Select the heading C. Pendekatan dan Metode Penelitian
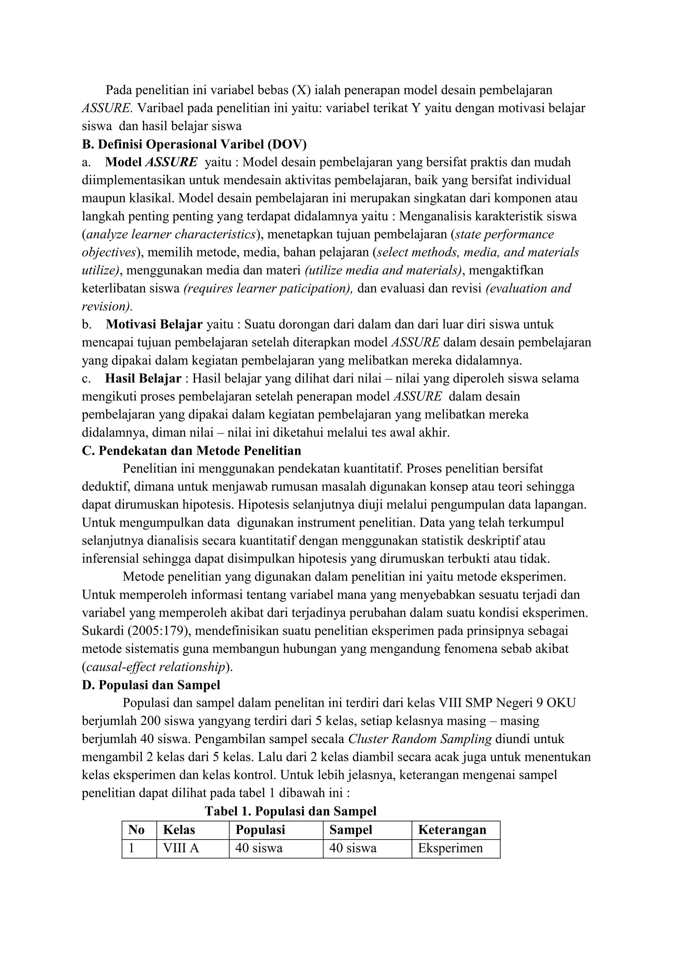191,451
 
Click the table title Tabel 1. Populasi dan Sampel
290,811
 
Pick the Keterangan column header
452,830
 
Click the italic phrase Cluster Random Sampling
420,739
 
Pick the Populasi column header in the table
260,830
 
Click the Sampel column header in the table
351,830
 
